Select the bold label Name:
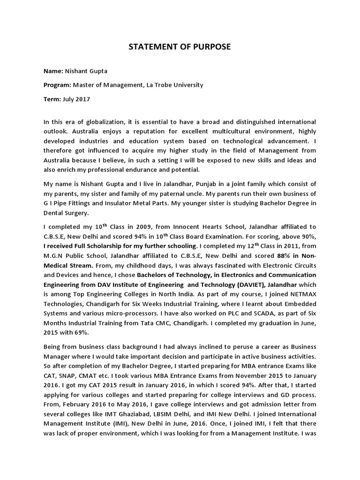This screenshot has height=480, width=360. pyautogui.click(x=53, y=71)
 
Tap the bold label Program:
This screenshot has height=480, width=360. pyautogui.click(x=57, y=85)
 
